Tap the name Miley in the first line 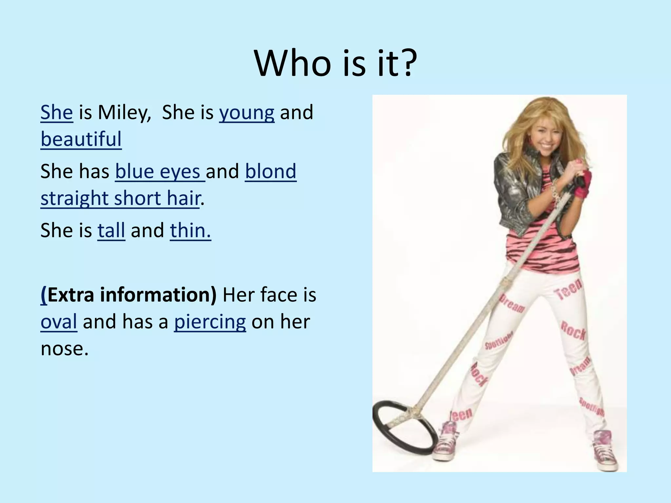(x=124, y=112)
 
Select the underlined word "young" (x=247, y=112)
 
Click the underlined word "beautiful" (x=81, y=139)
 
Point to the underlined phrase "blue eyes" (x=160, y=171)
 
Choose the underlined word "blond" (x=271, y=171)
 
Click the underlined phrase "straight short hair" (x=120, y=198)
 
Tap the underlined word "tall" (x=111, y=230)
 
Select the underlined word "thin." (x=190, y=230)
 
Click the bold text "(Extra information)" (x=128, y=295)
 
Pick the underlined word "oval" (x=59, y=322)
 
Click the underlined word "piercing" (x=210, y=322)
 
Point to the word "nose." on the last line (x=65, y=348)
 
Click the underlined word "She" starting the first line (x=57, y=112)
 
